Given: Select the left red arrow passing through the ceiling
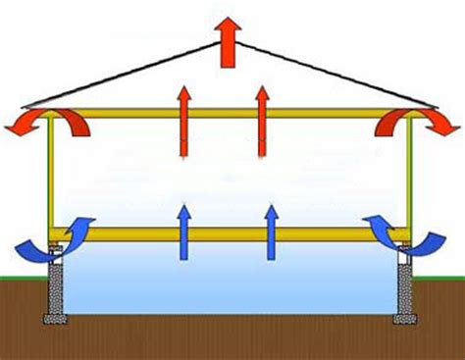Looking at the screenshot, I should [x=183, y=118].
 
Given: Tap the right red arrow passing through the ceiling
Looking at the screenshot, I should [x=262, y=118].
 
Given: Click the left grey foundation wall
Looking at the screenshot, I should [x=56, y=284].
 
